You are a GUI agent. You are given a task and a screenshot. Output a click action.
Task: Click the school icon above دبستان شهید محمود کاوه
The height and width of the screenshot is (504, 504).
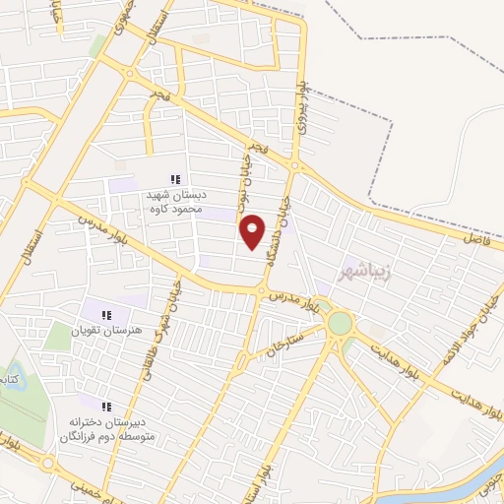click(x=174, y=179)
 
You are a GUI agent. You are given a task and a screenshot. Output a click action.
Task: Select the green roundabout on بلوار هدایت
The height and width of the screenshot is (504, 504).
click(x=340, y=323)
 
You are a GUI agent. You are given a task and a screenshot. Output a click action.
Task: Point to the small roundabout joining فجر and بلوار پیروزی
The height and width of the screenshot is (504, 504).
click(x=293, y=165)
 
